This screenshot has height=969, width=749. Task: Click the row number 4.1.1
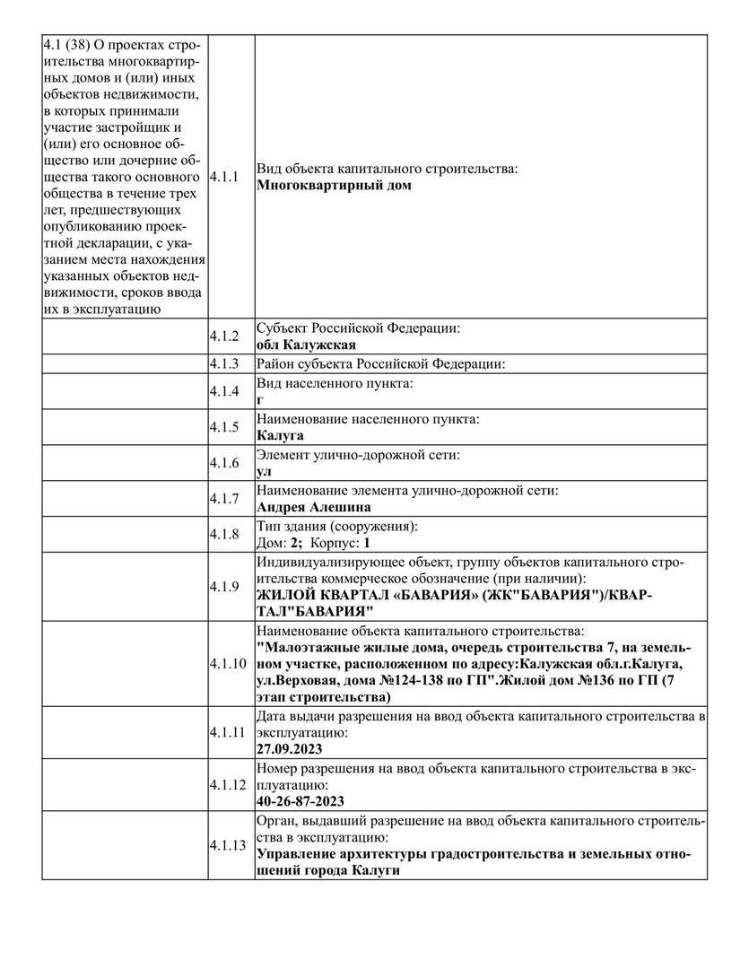[x=223, y=177]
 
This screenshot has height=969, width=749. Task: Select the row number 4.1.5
[x=223, y=427]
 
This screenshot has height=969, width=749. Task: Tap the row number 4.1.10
[x=226, y=665]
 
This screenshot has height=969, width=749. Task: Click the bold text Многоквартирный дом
[x=334, y=186]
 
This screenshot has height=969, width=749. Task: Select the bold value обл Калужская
[x=306, y=345]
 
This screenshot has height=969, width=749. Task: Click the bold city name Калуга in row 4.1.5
[x=280, y=436]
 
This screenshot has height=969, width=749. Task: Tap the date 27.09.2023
[x=289, y=748]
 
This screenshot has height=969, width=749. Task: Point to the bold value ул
[x=264, y=471]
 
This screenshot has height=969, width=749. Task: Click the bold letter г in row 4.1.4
[x=260, y=400]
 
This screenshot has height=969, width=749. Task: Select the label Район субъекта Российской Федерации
[x=380, y=364]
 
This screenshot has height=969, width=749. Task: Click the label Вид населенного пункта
[x=335, y=384]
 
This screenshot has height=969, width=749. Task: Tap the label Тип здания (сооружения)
[x=337, y=527]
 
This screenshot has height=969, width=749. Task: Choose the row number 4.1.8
[x=223, y=535]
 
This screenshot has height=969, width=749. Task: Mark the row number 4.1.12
[x=226, y=784]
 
